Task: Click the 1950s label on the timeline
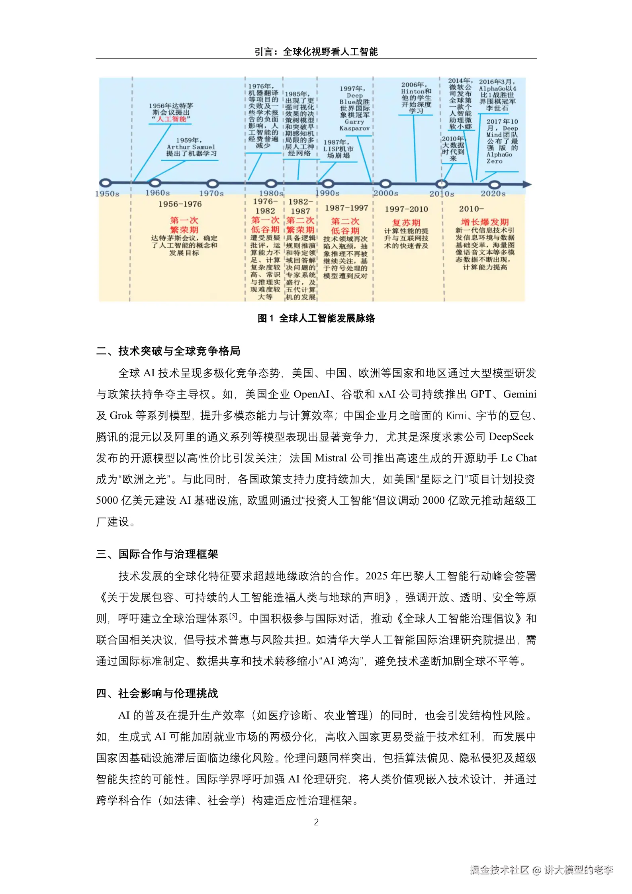[x=107, y=194]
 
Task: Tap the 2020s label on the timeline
[x=493, y=194]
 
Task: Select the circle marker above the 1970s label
[x=213, y=184]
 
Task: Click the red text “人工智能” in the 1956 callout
[x=172, y=119]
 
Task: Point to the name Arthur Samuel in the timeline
[x=191, y=147]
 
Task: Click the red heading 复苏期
[x=406, y=223]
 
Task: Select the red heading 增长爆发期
[x=485, y=222]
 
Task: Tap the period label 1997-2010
[x=406, y=209]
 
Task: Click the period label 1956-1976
[x=180, y=204]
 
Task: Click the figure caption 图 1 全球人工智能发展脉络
[x=316, y=318]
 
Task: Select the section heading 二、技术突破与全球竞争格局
[x=168, y=351]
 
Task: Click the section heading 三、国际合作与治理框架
[x=157, y=554]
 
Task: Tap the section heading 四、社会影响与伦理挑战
[x=157, y=693]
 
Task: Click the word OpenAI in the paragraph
[x=311, y=394]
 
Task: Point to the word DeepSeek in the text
[x=511, y=437]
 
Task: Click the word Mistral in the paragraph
[x=331, y=458]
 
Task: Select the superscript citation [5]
[x=233, y=616]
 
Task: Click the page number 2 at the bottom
[x=316, y=822]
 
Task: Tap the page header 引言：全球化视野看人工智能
[x=316, y=52]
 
